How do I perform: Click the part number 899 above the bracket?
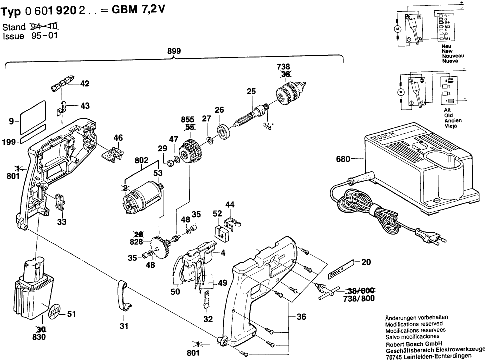174,51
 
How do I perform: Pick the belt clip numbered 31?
124,299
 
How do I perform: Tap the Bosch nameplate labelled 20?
341,270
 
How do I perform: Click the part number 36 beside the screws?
300,316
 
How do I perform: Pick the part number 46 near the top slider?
118,137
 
